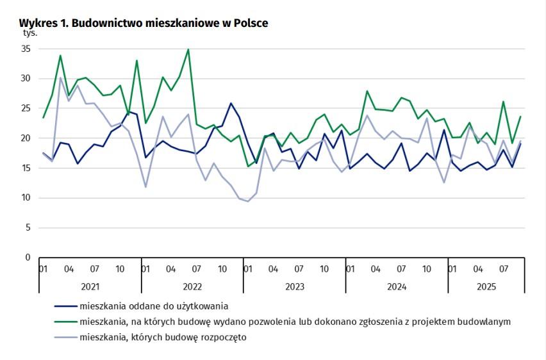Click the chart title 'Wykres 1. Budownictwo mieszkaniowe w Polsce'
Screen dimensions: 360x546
tap(144, 23)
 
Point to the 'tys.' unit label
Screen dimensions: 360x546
tap(30, 32)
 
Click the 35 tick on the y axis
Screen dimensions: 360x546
tap(26, 49)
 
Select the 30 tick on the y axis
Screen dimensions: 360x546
tap(26, 79)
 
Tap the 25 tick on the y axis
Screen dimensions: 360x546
tap(26, 108)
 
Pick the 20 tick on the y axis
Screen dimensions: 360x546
tap(26, 138)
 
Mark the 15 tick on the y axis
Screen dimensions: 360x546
tap(26, 168)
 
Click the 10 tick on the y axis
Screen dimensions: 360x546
tap(26, 198)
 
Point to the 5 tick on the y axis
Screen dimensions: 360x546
tap(28, 227)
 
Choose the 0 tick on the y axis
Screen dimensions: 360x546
tap(28, 258)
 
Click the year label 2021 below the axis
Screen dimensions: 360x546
tap(90, 286)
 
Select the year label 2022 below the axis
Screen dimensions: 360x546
tap(192, 286)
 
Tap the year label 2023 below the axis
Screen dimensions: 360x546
tap(295, 286)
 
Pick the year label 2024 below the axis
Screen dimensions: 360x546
tap(397, 286)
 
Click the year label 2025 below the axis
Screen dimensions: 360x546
tap(486, 286)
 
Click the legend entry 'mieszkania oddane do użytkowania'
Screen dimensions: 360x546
tap(154, 306)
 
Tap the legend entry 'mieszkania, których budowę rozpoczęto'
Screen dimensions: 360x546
tap(163, 337)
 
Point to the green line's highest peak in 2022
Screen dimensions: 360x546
tap(188, 49)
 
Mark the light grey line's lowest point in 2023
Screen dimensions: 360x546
tap(248, 201)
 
